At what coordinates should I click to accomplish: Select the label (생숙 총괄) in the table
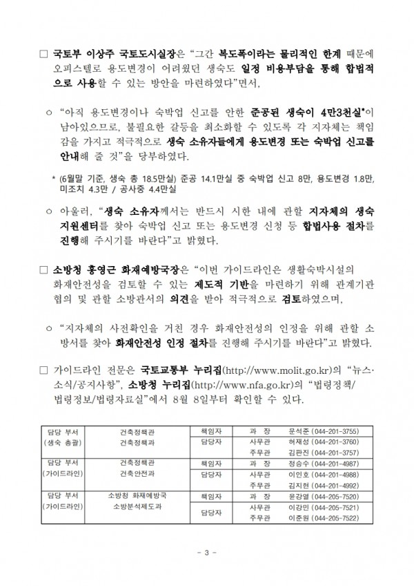(x=62, y=441)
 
